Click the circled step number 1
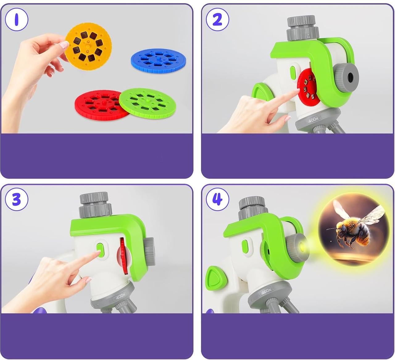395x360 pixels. (17, 19)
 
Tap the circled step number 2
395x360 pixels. (217, 19)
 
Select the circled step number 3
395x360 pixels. (17, 199)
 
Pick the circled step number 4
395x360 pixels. (217, 199)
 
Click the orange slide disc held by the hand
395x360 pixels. (88, 46)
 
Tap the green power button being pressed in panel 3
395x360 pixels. (100, 250)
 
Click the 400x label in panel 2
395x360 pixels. (313, 119)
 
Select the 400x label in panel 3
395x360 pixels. (121, 296)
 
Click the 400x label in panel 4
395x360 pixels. (266, 291)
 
